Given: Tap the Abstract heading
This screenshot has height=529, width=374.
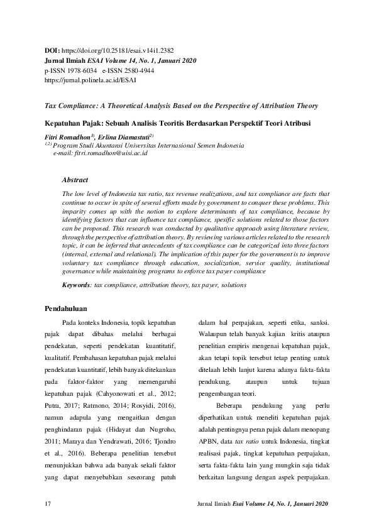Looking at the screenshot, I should [75, 180].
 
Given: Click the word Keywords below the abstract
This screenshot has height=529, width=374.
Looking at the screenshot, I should [76, 285].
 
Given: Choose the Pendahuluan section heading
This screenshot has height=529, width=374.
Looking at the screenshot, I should [67, 308].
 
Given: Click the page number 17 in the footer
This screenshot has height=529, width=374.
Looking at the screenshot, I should [48, 504].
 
